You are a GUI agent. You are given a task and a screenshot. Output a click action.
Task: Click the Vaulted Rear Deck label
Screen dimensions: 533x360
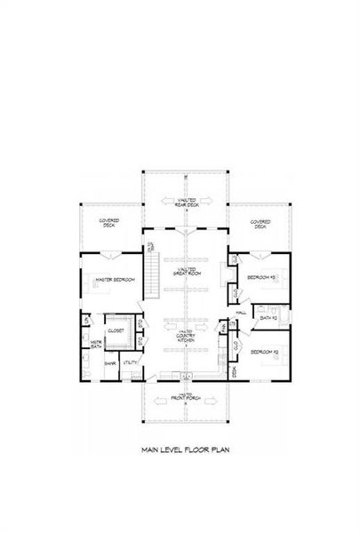(x=186, y=203)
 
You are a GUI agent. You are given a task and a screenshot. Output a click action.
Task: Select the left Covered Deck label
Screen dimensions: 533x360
(x=111, y=225)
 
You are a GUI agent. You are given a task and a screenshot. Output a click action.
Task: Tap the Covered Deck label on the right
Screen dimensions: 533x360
(x=260, y=225)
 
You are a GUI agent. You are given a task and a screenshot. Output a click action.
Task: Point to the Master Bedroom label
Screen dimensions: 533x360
(x=116, y=280)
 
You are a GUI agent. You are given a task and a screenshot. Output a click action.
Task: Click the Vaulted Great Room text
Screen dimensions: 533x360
(x=186, y=272)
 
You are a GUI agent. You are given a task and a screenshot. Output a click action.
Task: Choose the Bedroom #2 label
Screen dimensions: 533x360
(x=263, y=353)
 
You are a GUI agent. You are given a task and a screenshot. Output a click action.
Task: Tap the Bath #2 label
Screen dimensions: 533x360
(x=269, y=317)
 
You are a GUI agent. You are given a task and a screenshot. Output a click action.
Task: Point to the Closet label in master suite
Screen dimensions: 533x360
(x=116, y=330)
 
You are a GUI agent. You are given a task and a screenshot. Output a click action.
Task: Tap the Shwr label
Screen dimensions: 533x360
(x=111, y=363)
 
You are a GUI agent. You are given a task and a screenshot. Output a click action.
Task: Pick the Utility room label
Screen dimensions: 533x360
(x=130, y=363)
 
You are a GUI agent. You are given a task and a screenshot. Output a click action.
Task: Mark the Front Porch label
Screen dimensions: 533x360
(x=186, y=397)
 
